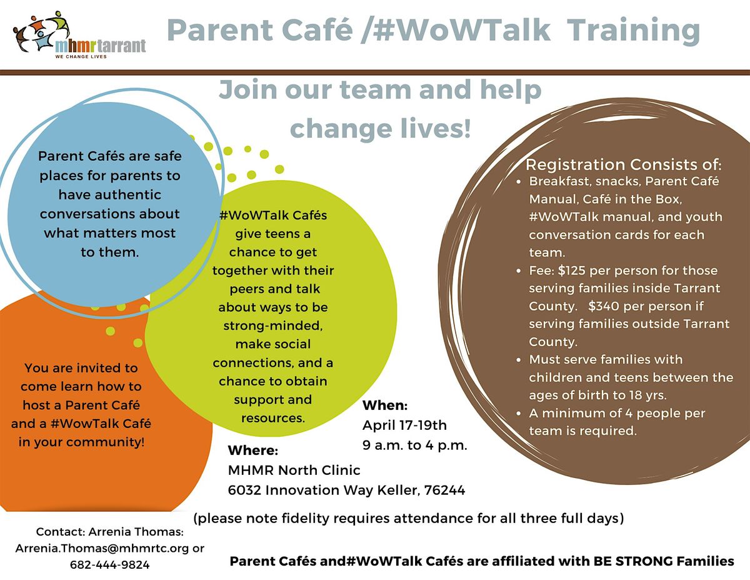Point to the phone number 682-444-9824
pos(110,565)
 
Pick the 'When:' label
pos(385,405)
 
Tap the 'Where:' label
pos(252,450)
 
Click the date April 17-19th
pos(404,426)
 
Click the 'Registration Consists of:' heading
pos(623,166)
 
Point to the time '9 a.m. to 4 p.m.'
pos(415,446)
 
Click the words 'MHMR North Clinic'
pos(294,471)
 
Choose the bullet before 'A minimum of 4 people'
pos(521,414)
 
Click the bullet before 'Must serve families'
pos(521,360)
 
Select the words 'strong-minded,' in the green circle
pos(272,326)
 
